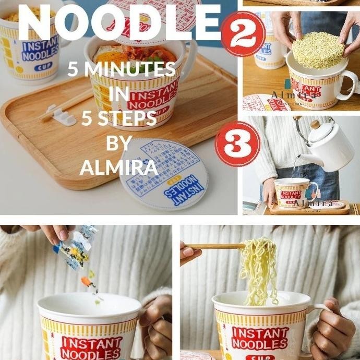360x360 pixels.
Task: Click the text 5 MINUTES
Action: click(x=121, y=69)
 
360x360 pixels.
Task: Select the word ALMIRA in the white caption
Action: click(x=118, y=167)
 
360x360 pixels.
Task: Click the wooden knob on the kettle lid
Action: click(x=315, y=125)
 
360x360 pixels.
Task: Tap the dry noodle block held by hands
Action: click(x=318, y=50)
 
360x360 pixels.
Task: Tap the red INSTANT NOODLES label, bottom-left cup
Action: click(x=91, y=348)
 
